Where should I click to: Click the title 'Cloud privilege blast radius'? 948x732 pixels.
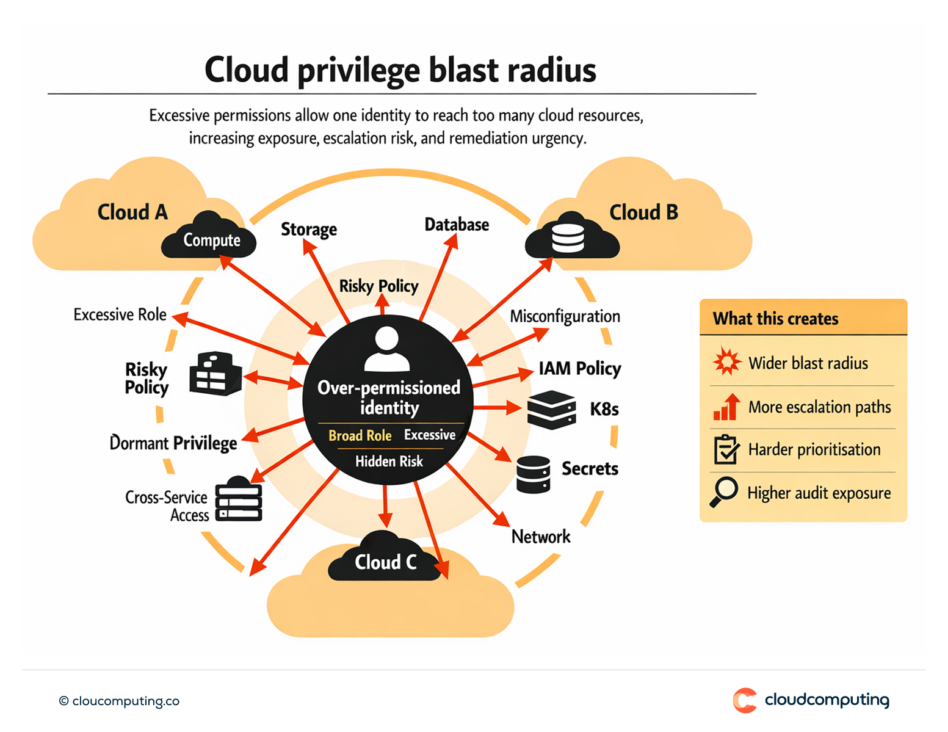[400, 70]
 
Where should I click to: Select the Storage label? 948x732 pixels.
[308, 229]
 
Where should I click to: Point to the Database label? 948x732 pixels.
[457, 225]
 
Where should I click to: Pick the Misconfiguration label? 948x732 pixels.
[565, 316]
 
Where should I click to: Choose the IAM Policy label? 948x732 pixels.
[579, 368]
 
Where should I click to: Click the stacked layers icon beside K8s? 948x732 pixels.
[551, 409]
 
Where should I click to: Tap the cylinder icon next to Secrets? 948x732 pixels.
[533, 474]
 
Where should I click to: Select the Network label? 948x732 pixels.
[541, 537]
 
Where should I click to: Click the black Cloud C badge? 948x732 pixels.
[385, 560]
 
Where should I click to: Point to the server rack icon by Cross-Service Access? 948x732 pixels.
[239, 499]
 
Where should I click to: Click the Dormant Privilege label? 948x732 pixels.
[173, 443]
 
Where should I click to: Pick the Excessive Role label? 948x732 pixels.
[120, 314]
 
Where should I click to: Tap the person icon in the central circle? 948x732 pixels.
[387, 349]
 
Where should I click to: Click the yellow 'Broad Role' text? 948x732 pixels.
[360, 435]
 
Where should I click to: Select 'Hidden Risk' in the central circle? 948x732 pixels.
[389, 461]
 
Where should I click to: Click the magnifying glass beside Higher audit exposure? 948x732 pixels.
[725, 491]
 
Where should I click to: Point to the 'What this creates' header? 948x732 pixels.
[775, 318]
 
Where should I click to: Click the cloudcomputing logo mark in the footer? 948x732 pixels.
[745, 700]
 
